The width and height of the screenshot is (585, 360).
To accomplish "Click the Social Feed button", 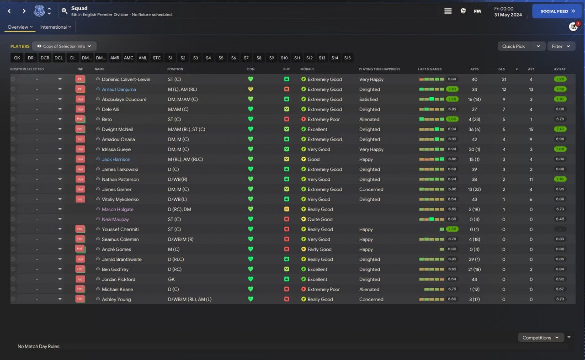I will click(x=557, y=11).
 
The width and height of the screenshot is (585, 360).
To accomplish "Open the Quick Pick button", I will click(x=514, y=46).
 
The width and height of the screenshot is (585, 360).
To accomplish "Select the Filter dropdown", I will click(x=561, y=46).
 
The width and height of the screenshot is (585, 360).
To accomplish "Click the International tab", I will click(x=55, y=27).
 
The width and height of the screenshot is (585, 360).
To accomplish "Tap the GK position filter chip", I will click(x=17, y=58).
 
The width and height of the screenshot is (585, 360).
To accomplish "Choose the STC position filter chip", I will click(x=157, y=58).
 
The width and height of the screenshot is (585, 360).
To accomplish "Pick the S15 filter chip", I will click(x=347, y=58).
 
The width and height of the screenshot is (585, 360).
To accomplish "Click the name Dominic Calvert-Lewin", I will click(x=126, y=79).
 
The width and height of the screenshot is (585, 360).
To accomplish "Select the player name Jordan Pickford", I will click(x=118, y=280).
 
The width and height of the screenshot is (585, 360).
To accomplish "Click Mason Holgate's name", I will click(x=117, y=210).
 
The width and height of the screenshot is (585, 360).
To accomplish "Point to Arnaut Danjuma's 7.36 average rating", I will click(x=559, y=90).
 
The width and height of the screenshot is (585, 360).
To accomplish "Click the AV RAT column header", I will click(x=559, y=69).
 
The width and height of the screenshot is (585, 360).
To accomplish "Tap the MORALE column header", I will click(x=307, y=69).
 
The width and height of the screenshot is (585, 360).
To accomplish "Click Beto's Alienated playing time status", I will click(x=369, y=120).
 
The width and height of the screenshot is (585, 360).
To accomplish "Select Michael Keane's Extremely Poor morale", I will click(x=324, y=290).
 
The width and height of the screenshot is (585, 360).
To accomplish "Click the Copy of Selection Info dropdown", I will click(x=64, y=46).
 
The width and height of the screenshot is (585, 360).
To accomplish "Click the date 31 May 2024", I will click(x=508, y=15).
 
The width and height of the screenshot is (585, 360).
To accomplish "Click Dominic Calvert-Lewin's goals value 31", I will click(x=504, y=79).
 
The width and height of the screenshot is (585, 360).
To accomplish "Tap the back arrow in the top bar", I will click(x=10, y=11).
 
